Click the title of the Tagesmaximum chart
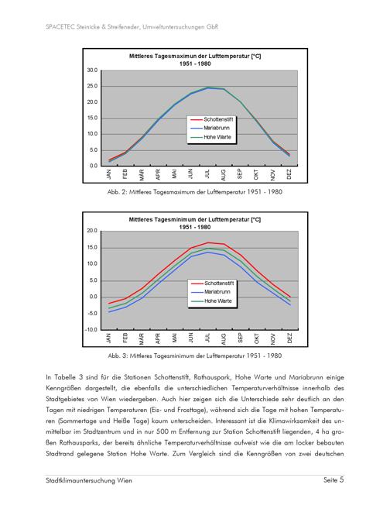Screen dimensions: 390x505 195,60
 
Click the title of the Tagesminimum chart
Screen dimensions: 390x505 195,223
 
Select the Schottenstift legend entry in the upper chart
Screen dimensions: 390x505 211,119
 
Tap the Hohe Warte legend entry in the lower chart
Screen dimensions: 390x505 211,301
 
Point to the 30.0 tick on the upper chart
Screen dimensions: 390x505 92,70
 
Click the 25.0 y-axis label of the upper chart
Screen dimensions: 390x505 92,86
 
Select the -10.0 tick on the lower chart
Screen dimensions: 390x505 91,329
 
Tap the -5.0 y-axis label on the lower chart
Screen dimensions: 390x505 92,313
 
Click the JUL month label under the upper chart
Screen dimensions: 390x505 207,174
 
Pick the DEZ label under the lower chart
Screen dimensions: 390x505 289,338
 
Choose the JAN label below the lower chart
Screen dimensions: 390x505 108,338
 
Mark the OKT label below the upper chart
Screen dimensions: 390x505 256,174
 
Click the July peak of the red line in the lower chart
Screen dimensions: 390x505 208,242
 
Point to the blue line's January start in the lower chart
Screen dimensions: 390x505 109,312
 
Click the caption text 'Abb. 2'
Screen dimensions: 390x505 117,192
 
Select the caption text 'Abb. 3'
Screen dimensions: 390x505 118,356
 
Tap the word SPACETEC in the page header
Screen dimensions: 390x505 60,27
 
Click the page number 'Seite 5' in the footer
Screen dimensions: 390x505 334,480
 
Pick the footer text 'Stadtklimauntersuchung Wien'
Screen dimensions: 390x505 89,480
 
